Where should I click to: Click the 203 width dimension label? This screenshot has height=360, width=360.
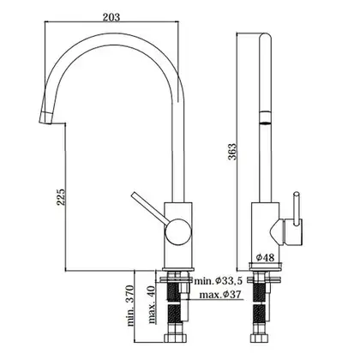pyautogui.click(x=111, y=17)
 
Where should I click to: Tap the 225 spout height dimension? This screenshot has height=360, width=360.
pyautogui.click(x=62, y=197)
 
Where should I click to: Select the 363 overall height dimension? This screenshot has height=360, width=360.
pyautogui.click(x=232, y=152)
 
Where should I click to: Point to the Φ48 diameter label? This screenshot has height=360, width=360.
pyautogui.click(x=265, y=258)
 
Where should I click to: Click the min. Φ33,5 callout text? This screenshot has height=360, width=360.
pyautogui.click(x=218, y=280)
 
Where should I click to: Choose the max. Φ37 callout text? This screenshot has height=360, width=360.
pyautogui.click(x=220, y=294)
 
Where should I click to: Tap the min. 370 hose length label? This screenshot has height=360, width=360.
pyautogui.click(x=130, y=305)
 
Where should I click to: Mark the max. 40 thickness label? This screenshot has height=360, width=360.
pyautogui.click(x=152, y=304)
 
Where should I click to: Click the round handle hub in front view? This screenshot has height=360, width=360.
pyautogui.click(x=177, y=231)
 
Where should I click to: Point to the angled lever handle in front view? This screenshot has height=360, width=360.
pyautogui.click(x=148, y=207)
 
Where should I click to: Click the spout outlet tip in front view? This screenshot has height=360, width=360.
pyautogui.click(x=45, y=117)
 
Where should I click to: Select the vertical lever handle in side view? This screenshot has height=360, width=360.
pyautogui.click(x=297, y=208)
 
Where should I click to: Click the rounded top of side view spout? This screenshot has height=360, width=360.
pyautogui.click(x=265, y=39)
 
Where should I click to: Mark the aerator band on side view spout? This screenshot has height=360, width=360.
pyautogui.click(x=265, y=117)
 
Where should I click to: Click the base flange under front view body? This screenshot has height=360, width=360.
pyautogui.click(x=177, y=269)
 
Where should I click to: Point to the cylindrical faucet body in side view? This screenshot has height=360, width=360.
pyautogui.click(x=265, y=233)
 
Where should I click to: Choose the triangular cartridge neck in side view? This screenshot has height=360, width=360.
pyautogui.click(x=276, y=231)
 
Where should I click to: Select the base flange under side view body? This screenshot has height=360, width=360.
pyautogui.click(x=265, y=266)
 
